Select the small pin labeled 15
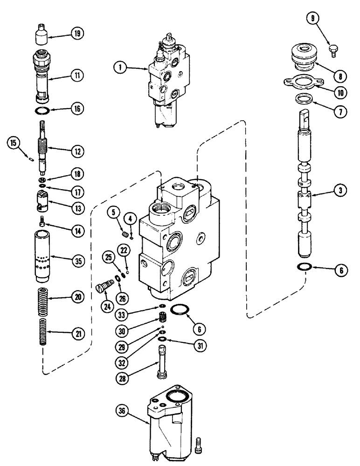point(30,160)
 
